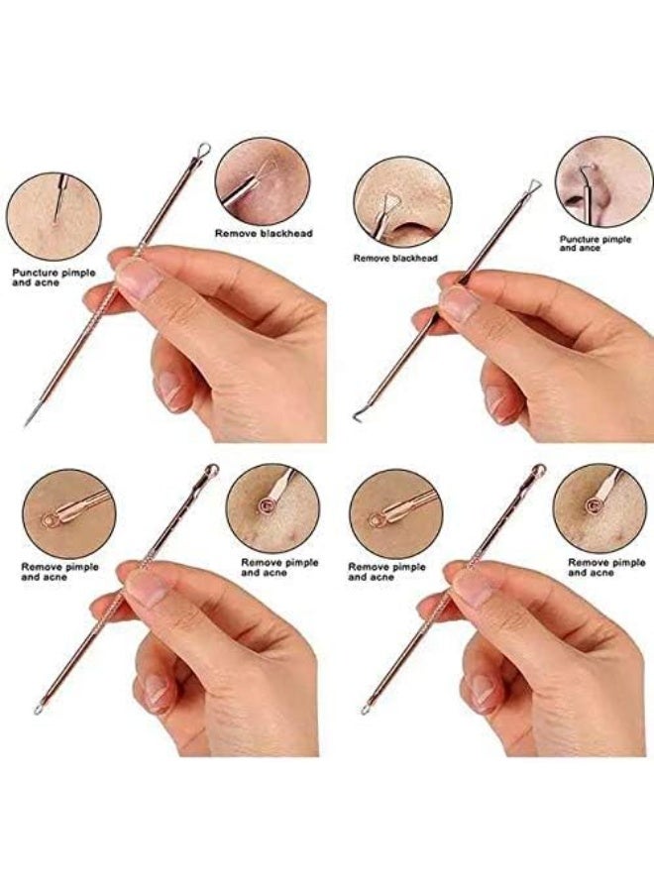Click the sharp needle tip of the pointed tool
(x=27, y=423)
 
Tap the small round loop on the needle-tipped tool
(x=203, y=149)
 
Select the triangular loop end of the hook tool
(x=534, y=186)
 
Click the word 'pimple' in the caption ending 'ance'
(x=621, y=239)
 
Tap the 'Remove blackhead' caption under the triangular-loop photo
(x=395, y=258)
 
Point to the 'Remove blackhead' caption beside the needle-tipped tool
(x=264, y=233)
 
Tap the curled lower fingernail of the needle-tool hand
(x=170, y=390)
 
